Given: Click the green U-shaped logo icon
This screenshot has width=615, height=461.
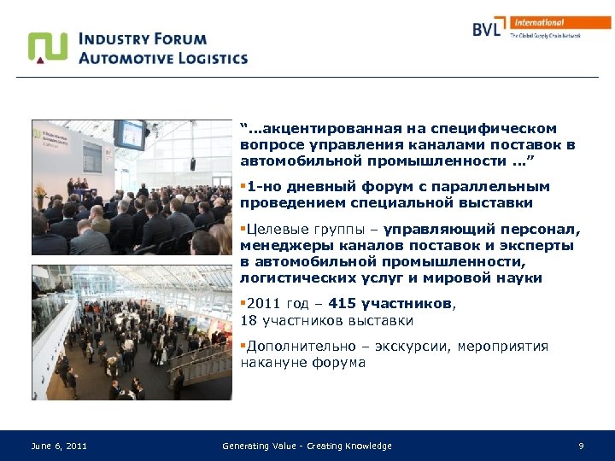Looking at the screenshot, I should click(47, 47).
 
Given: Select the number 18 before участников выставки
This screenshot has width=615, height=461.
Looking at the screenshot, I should click(249, 320).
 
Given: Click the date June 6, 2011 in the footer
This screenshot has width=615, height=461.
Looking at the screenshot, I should click(58, 446).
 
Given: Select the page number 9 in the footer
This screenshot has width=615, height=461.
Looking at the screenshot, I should click(581, 446).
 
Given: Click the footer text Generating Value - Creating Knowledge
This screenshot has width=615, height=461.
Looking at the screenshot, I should click(307, 446).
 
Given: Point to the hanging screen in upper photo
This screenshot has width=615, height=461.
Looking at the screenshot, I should click(129, 133).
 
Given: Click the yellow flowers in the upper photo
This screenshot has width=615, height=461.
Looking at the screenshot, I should click(39, 191).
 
